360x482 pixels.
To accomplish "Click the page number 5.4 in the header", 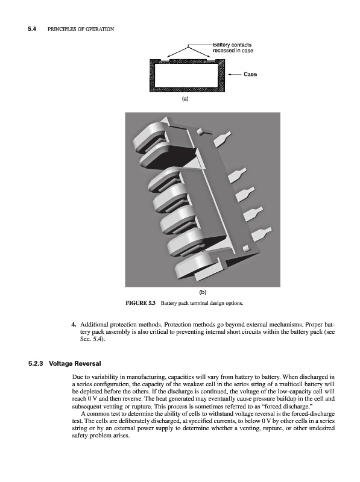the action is (x=33, y=29).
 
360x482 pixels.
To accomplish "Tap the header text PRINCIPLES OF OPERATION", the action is (x=81, y=29).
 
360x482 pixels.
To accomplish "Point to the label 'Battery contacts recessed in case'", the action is (x=233, y=48).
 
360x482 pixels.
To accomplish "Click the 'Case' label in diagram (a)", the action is (x=250, y=74).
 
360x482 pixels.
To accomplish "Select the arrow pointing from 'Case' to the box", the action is (x=234, y=74).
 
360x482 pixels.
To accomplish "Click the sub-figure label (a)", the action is (x=185, y=99).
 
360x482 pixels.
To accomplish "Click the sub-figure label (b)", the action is (x=203, y=292).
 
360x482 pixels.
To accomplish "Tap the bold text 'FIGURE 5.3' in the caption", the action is (x=141, y=303).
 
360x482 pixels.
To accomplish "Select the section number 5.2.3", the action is (x=36, y=364).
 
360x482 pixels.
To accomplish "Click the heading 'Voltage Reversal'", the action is (x=75, y=364).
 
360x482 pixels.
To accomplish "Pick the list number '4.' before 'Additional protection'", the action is (x=74, y=325).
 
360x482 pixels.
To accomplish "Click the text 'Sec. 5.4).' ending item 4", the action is (x=93, y=339).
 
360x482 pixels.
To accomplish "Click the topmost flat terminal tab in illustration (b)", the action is (x=222, y=139).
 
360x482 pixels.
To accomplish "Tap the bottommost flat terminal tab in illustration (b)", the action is (x=262, y=234).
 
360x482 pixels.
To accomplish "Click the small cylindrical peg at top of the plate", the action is (x=201, y=131).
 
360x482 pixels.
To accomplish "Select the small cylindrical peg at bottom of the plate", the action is (x=246, y=248).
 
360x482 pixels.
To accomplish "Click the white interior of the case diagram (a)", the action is (x=186, y=75).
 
